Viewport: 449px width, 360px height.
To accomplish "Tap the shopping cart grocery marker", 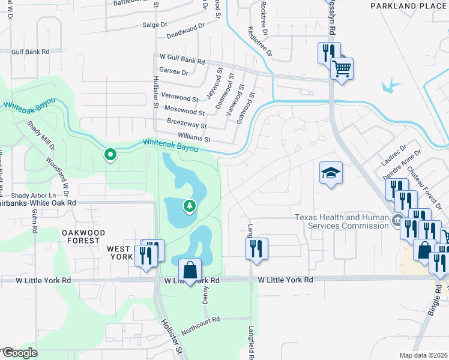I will point(342,68).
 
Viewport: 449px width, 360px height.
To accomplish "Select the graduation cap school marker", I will point(331,173).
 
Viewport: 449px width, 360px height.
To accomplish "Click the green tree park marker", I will point(190,206).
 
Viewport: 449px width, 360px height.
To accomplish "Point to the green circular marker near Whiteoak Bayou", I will point(110,155).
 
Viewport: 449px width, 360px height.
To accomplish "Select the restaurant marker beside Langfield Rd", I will point(257,248).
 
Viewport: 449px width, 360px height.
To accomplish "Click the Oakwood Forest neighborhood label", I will point(83,236).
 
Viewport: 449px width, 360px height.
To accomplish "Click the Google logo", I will point(19,353).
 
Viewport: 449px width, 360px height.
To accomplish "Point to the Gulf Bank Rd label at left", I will point(34,52).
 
